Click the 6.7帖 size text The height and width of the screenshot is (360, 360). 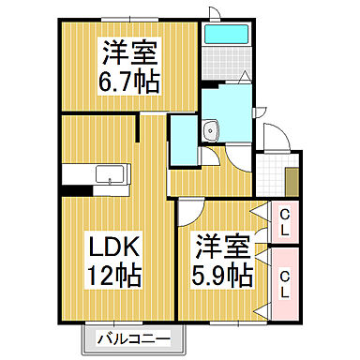(130, 81)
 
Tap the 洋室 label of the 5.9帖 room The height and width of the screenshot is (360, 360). (223, 247)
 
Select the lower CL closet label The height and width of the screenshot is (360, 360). (285, 279)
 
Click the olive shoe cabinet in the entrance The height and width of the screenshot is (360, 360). (292, 178)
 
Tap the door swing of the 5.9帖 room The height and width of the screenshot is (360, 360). (190, 212)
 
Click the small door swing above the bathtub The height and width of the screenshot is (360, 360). (214, 12)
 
